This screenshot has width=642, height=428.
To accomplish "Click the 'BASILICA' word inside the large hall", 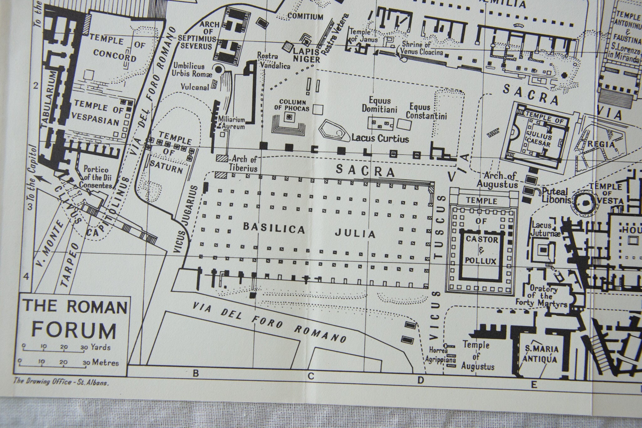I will click(274, 229).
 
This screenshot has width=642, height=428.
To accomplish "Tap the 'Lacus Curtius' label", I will click(380, 138).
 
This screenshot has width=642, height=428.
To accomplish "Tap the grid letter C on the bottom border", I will click(311, 376).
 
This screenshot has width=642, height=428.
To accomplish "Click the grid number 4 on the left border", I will click(27, 276).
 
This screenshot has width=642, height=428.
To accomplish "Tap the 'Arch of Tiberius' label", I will click(243, 163).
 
